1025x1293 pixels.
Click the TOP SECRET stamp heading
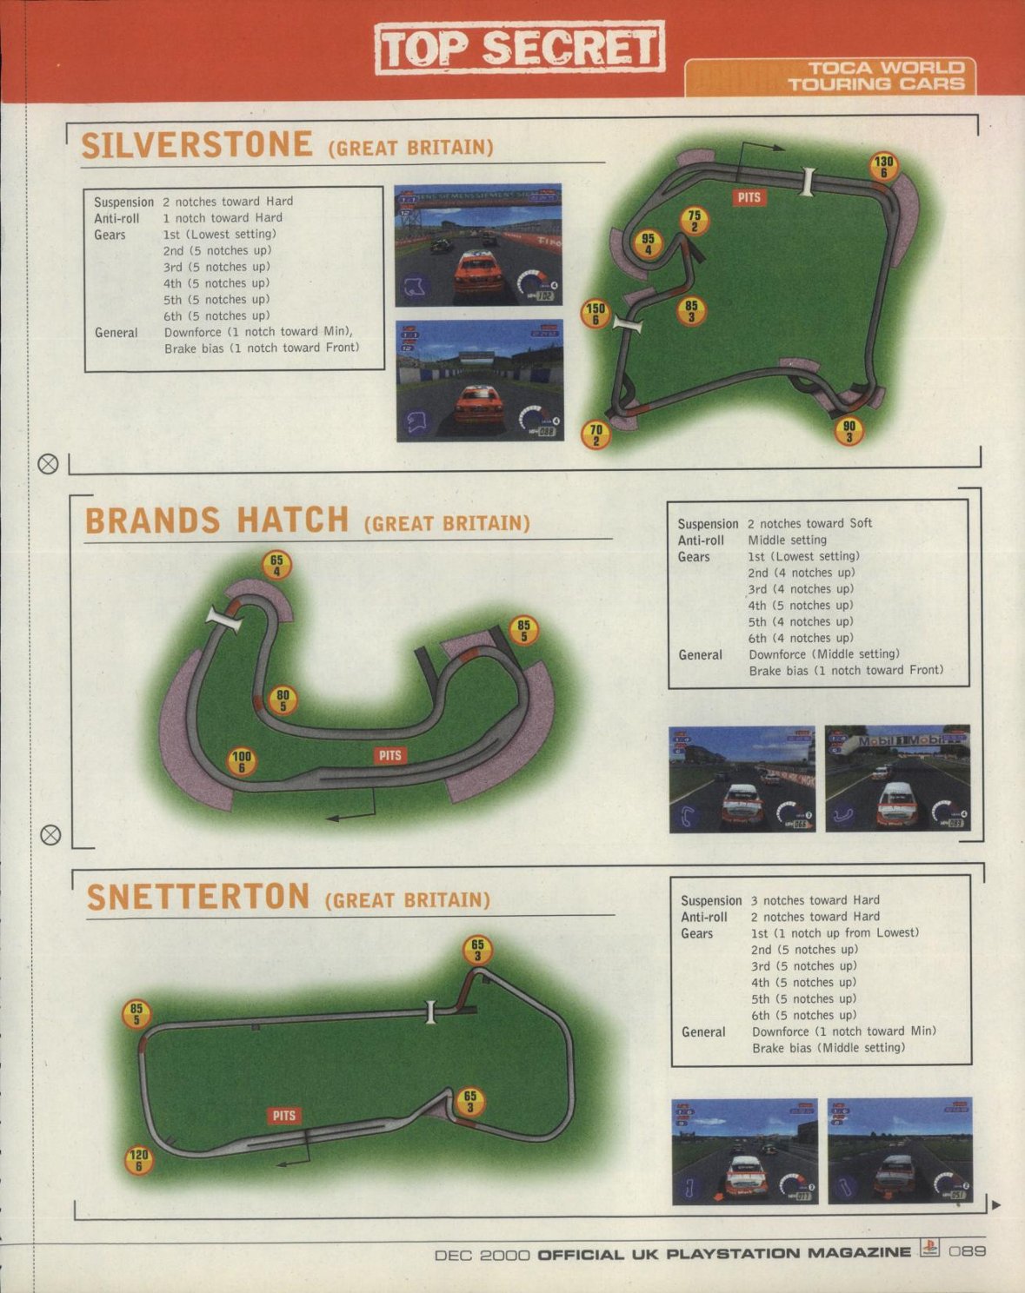click(x=520, y=48)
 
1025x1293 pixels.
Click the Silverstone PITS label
click(x=749, y=197)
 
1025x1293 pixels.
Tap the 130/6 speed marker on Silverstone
click(x=883, y=166)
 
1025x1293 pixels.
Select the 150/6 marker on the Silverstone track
click(x=596, y=314)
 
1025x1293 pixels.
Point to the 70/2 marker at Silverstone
click(x=596, y=434)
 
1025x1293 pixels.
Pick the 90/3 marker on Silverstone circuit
click(x=849, y=431)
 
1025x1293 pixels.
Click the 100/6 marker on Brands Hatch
click(x=241, y=762)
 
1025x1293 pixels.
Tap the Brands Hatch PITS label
click(x=390, y=755)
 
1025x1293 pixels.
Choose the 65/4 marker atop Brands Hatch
click(x=276, y=565)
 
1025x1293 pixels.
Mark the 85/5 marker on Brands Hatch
click(x=523, y=630)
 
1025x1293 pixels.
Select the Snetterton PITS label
click(x=284, y=1116)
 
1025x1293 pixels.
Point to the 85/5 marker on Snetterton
click(x=136, y=1014)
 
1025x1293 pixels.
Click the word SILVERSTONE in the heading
click(x=196, y=145)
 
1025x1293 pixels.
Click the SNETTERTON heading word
click(x=198, y=897)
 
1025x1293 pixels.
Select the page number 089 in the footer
click(x=967, y=1251)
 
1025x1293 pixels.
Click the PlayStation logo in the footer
click(x=929, y=1250)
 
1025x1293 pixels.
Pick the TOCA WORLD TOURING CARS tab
click(x=875, y=76)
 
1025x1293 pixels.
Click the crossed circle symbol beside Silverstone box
click(x=49, y=464)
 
